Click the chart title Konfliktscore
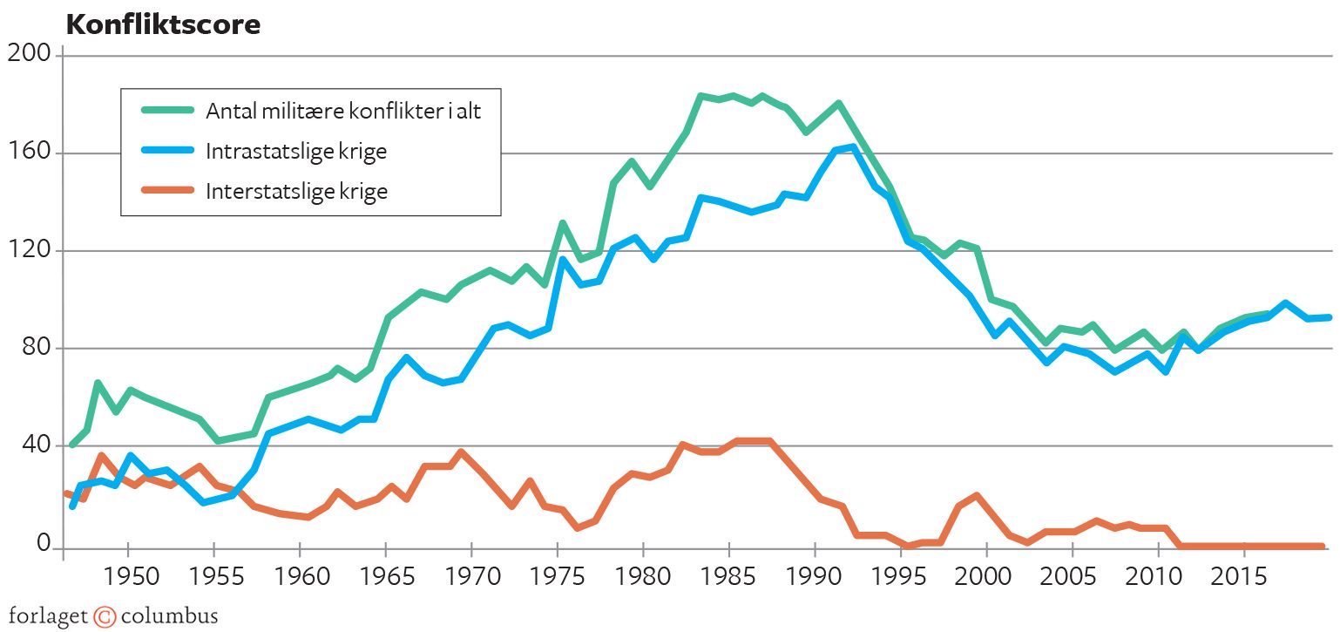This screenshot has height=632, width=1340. pos(163,25)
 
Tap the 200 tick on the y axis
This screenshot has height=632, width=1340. pos(30,55)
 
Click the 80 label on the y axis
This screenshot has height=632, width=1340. pos(36,348)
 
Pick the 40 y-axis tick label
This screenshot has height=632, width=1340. pos(36,445)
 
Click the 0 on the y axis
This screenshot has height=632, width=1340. pos(44,543)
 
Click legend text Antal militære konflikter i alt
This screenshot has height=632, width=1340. pos(342,112)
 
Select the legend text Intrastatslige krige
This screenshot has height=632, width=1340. pos(296,152)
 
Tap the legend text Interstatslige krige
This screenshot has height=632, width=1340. pos(296,192)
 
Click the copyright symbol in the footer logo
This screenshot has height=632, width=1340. pos(105,616)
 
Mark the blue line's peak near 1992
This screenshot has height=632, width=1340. pos(852,146)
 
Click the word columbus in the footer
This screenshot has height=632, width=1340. pos(169,616)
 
